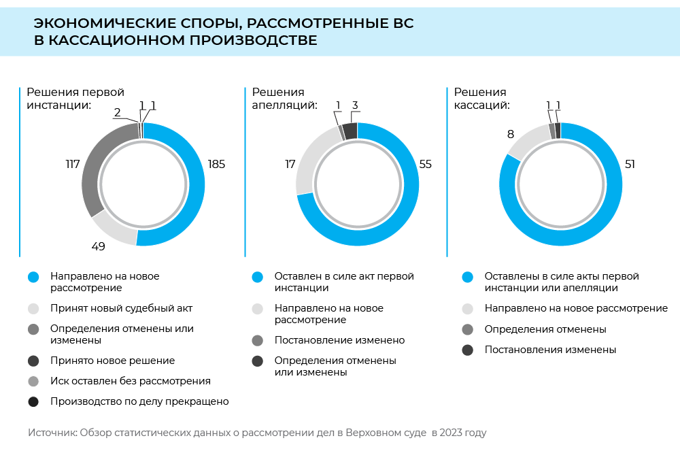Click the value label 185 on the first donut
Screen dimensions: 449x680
click(x=216, y=164)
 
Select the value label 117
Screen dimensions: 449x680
click(x=73, y=164)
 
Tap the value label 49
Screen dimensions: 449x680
click(x=98, y=246)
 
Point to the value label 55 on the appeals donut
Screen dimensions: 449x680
click(x=425, y=164)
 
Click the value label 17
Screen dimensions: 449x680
click(x=290, y=164)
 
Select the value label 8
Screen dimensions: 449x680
click(x=511, y=135)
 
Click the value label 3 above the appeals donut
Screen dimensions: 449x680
click(x=355, y=105)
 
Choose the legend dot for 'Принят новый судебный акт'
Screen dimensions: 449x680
click(x=33, y=308)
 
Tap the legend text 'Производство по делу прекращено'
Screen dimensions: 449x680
click(x=139, y=401)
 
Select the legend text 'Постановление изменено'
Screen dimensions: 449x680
click(x=339, y=340)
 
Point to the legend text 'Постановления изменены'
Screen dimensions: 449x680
click(x=550, y=350)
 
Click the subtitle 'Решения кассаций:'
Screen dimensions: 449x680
click(x=481, y=99)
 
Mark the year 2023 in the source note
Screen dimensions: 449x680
click(x=450, y=433)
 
